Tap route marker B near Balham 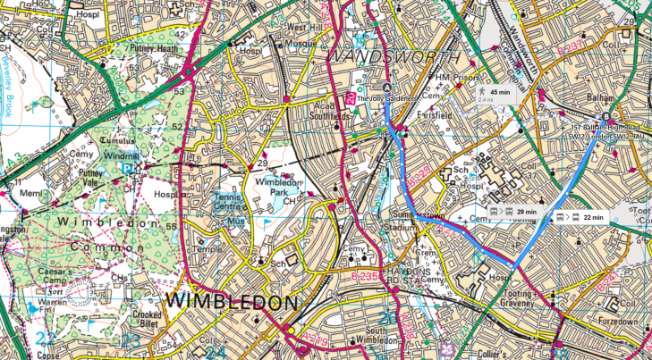[606, 116]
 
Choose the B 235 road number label [364, 277]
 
